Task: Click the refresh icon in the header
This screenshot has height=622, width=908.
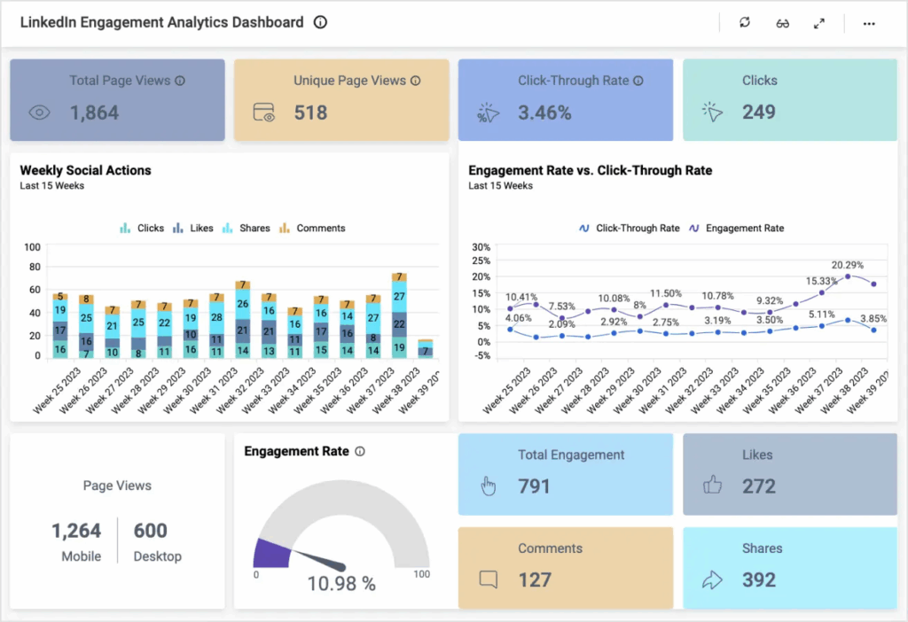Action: [x=744, y=23]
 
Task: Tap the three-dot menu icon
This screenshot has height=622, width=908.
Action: [x=869, y=23]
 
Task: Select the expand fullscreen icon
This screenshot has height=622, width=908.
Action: [x=818, y=23]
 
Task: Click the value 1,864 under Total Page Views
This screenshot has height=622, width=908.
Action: [x=94, y=113]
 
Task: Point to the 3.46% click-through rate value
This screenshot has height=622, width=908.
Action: [x=544, y=113]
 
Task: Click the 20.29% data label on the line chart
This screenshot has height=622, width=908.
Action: [x=847, y=265]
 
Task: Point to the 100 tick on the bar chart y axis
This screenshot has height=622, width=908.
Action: [x=32, y=247]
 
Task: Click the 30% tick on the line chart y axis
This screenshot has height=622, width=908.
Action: [x=481, y=247]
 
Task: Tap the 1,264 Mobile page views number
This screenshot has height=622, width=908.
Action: [x=76, y=531]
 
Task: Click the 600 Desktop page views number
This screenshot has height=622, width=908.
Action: [x=151, y=531]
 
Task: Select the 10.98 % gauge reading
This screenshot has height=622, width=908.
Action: [x=341, y=584]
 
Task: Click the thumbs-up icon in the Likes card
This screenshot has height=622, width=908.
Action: [x=712, y=486]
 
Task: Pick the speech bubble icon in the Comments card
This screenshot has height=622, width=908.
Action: [x=488, y=579]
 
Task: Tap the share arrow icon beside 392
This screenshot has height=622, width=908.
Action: [x=712, y=579]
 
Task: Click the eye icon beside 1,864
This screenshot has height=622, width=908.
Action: [x=40, y=113]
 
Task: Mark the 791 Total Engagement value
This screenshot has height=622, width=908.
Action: [x=535, y=486]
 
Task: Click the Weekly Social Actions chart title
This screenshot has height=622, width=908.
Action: [x=85, y=170]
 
